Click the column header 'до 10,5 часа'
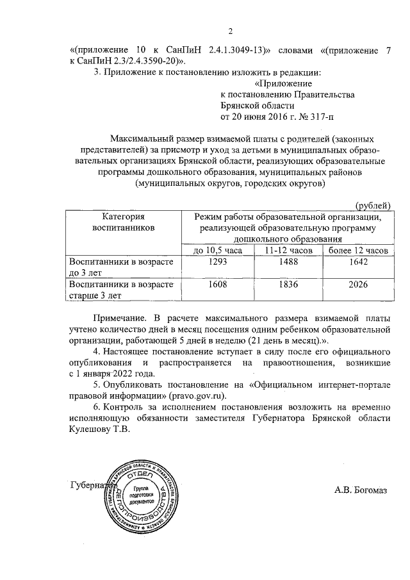pos(218,250)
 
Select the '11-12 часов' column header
pos(288,250)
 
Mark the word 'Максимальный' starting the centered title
pos(140,138)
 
